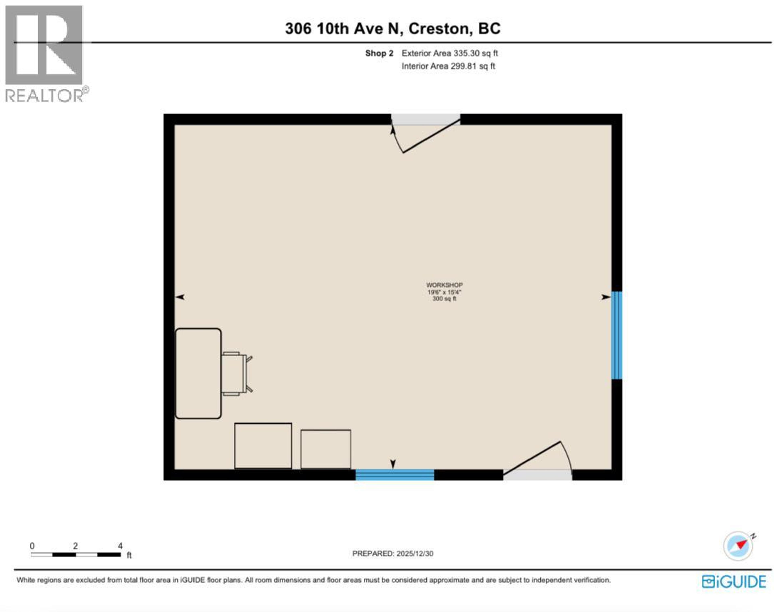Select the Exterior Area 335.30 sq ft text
click(449, 53)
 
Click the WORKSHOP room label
click(444, 285)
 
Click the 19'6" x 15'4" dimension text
click(444, 292)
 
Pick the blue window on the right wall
click(616, 335)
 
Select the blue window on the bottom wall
click(394, 475)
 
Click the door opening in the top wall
click(425, 119)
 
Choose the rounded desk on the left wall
click(198, 373)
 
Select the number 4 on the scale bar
click(120, 546)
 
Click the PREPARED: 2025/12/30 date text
click(392, 554)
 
